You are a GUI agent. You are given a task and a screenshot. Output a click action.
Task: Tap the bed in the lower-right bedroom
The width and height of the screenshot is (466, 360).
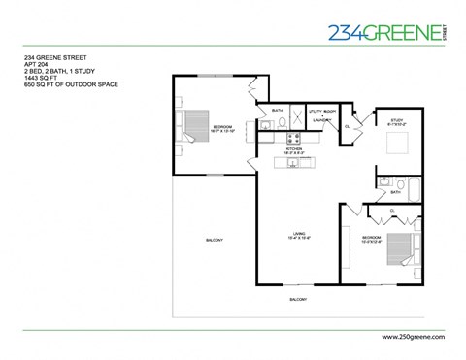[x=392, y=251]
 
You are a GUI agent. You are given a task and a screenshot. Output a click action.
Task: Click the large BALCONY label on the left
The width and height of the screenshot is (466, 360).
[x=214, y=241]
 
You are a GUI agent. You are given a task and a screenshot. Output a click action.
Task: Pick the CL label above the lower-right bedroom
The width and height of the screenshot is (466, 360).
[x=391, y=211]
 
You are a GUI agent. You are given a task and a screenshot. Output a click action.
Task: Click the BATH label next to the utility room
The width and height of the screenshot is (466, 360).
[x=277, y=110]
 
